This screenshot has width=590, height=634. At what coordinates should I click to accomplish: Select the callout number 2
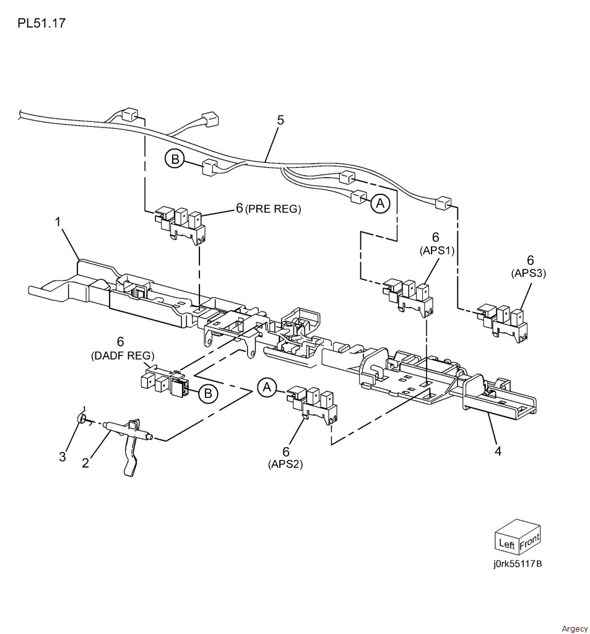[x=85, y=462]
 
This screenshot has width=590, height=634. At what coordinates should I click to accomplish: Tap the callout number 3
[x=62, y=457]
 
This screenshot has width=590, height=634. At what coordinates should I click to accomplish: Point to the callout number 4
[x=498, y=451]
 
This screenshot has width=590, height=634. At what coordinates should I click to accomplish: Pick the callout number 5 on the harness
[x=280, y=119]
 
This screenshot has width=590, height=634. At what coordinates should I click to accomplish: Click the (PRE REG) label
[x=273, y=209]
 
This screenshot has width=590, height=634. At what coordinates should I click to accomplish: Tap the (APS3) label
[x=529, y=273]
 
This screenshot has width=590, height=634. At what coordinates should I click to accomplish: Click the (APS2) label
[x=285, y=464]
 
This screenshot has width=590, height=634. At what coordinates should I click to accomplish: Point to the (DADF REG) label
[x=122, y=355]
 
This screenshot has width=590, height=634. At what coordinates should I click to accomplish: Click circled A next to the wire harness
[x=381, y=202]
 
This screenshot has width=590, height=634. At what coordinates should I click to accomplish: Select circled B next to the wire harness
[x=175, y=159]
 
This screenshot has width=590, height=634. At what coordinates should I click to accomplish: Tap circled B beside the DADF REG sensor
[x=208, y=393]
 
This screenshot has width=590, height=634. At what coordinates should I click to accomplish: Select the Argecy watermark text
[x=574, y=628]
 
